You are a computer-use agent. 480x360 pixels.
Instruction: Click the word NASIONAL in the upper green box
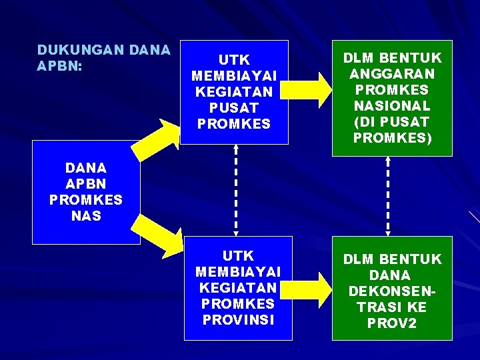[x=393, y=106]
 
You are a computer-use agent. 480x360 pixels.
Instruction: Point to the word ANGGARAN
[x=393, y=74]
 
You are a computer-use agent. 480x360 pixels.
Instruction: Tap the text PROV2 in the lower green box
[x=393, y=323]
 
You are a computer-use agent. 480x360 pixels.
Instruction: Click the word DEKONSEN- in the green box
[x=393, y=291]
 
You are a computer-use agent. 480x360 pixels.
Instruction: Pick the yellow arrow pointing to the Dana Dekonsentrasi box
[x=311, y=287]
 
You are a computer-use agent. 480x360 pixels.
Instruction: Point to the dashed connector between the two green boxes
[x=388, y=196]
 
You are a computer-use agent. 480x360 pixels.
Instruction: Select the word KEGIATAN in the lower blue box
[x=238, y=287]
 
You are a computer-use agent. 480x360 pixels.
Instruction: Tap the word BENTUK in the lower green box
[x=416, y=259]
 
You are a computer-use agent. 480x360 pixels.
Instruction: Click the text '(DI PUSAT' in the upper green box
[x=393, y=122]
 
